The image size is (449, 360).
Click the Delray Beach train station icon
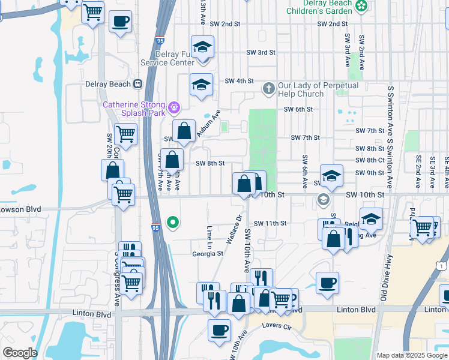(138, 84)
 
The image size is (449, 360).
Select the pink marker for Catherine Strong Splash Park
(175, 108)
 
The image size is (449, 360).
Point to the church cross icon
(268, 89)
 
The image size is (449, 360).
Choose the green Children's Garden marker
(361, 7)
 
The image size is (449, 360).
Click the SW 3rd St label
(261, 53)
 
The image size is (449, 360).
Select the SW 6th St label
(298, 109)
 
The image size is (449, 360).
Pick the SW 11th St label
(270, 223)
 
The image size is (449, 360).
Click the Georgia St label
(208, 254)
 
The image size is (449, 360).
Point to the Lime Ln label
(209, 235)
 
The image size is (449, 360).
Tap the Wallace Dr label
(235, 229)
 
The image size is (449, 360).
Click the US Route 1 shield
(443, 265)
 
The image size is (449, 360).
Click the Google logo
(19, 353)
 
